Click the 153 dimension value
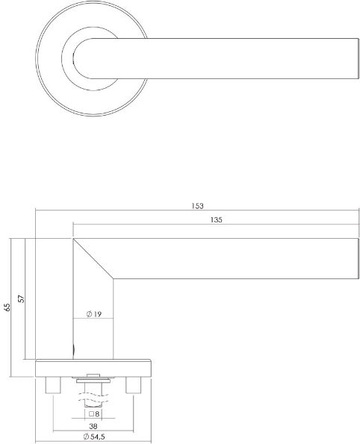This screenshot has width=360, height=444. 197,206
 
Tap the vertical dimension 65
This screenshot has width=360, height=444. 7,307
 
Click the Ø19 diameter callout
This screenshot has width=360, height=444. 94,315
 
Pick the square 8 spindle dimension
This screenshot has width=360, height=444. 95,413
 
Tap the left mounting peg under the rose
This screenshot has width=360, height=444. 54,385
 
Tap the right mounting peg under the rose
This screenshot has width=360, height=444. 134,385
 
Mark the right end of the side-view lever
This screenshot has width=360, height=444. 356,258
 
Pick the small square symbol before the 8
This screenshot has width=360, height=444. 90,413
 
